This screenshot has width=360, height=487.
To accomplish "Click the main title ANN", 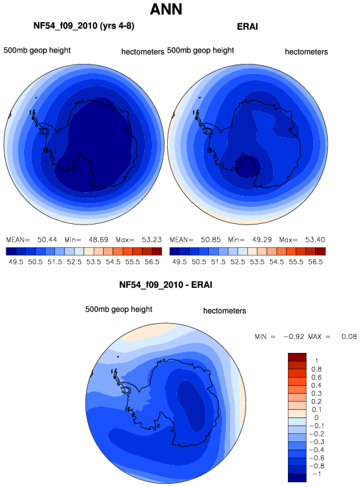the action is point(166,9).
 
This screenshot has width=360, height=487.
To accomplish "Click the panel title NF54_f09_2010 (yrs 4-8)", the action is point(84,26).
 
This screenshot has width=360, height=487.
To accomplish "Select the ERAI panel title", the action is point(247,27).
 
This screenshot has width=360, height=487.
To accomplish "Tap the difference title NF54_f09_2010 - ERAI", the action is point(166,285).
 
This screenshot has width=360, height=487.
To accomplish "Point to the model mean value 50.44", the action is point(47,240).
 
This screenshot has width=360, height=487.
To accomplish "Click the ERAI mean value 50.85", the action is point(211,240).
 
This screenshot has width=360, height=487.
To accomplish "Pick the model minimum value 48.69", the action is point(98,240).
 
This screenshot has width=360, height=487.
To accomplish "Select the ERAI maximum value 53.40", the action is point(315,240).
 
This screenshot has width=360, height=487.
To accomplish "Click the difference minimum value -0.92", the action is point(294,336).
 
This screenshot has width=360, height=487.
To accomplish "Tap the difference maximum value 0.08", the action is point(349,336).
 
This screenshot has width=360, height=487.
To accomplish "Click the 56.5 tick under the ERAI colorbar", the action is point(316,262).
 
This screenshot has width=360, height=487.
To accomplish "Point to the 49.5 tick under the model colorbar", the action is point(16,262).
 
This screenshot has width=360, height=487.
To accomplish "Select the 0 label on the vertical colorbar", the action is point(316,417).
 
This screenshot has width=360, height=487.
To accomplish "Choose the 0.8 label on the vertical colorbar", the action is point(316,369).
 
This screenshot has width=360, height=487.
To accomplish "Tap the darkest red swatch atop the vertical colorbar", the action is point(297,357).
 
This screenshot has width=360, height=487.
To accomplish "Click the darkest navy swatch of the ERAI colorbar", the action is point(175,251).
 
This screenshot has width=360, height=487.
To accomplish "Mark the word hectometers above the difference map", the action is point(225,311).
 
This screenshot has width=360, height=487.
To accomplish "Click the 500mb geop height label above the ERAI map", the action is point(201,51).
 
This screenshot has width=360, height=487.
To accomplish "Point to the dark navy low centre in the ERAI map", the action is point(247,167).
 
